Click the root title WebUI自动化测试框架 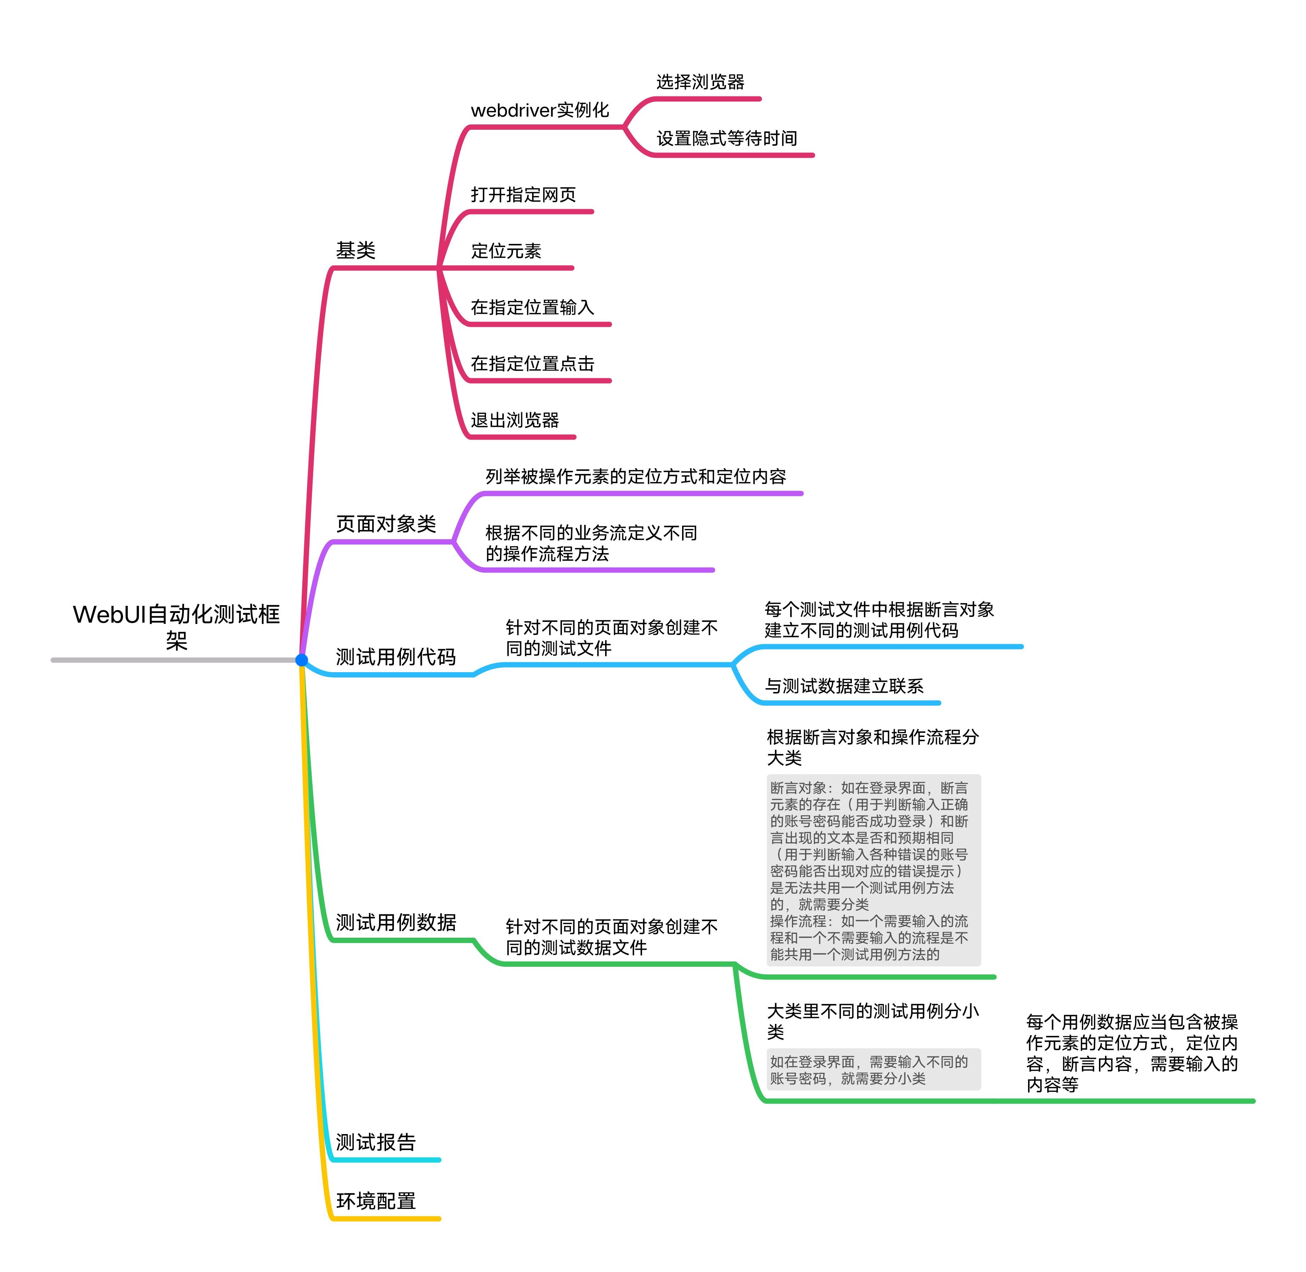[176, 627]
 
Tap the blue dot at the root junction [301, 660]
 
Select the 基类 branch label [356, 251]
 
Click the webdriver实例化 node [540, 110]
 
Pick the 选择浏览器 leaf [700, 82]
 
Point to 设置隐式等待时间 [727, 138]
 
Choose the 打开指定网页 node [523, 194]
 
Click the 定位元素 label [506, 251]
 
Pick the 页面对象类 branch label [386, 524]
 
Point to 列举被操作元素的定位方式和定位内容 [635, 476]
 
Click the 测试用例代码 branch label [396, 657]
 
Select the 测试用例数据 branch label [396, 922]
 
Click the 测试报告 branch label [375, 1142]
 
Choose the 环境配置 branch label [375, 1201]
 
